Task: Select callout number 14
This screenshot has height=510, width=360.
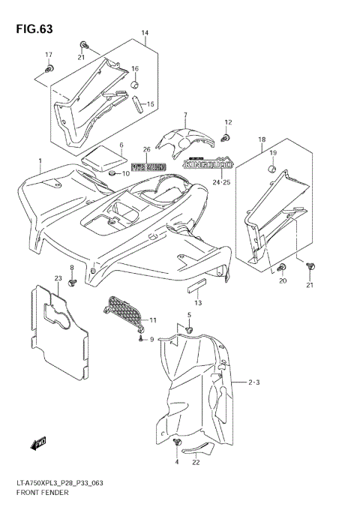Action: click(145, 34)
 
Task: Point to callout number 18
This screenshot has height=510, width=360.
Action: click(262, 140)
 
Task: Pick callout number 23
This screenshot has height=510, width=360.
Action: click(57, 279)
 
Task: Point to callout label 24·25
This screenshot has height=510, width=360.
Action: click(220, 181)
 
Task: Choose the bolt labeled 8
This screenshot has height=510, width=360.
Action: click(72, 283)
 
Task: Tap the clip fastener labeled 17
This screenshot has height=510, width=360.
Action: click(49, 70)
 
